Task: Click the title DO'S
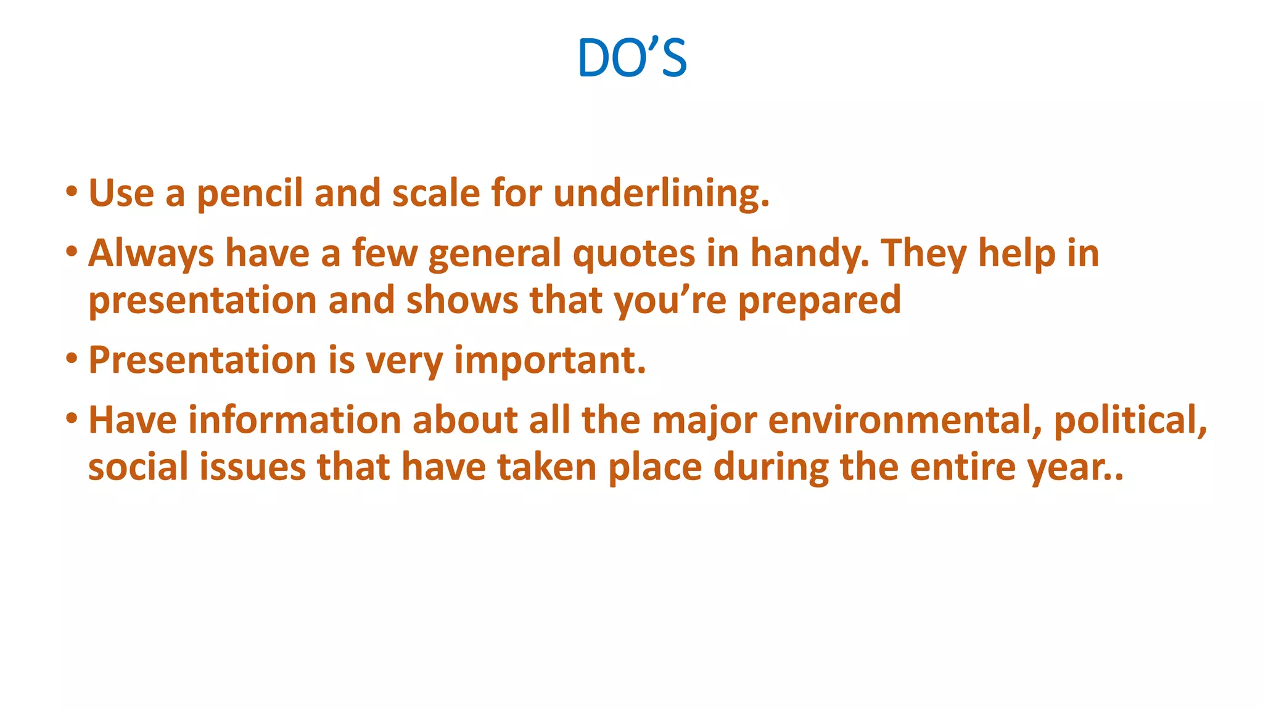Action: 631,58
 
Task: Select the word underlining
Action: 661,194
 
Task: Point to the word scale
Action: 435,192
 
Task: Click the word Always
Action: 150,253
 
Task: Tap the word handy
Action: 809,253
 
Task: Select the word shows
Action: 462,300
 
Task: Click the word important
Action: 549,360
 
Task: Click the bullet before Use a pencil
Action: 72,191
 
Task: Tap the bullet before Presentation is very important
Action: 72,358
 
